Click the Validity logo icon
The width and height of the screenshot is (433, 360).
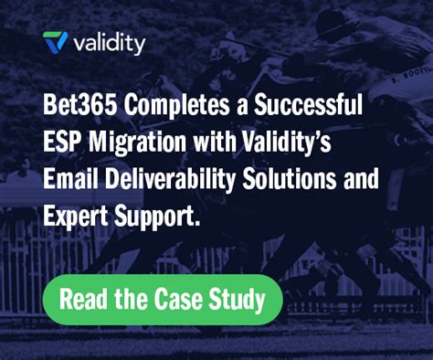pyautogui.click(x=56, y=42)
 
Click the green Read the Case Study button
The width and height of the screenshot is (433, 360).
pyautogui.click(x=162, y=299)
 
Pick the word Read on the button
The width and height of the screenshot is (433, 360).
pyautogui.click(x=85, y=299)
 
